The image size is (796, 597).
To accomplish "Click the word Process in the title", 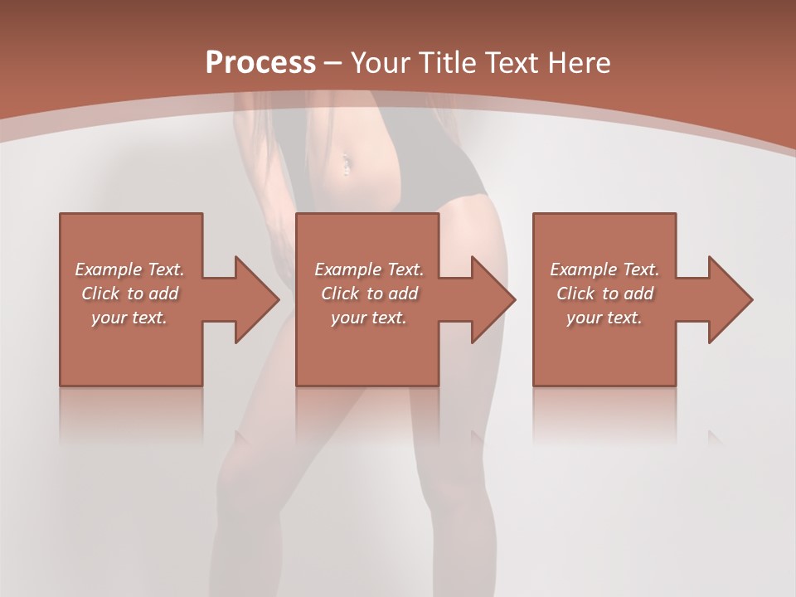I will click(x=260, y=63).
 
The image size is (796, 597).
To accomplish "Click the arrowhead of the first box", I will click(x=257, y=299).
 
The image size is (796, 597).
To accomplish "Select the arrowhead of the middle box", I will click(x=493, y=299).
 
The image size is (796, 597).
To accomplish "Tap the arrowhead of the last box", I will click(x=730, y=299).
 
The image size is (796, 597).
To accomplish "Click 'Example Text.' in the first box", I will click(x=129, y=269).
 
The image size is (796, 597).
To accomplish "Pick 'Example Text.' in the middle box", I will click(x=369, y=269).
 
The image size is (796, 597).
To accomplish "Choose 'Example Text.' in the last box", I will click(x=604, y=269).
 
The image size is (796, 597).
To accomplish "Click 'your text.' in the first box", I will click(x=129, y=318).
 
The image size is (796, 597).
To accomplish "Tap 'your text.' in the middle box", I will click(x=369, y=318).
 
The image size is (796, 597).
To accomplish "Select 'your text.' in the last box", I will click(x=604, y=318).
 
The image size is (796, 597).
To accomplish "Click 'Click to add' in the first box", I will click(x=129, y=294).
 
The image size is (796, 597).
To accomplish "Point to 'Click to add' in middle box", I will click(x=369, y=294).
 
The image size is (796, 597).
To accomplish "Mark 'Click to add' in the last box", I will click(x=604, y=294).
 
